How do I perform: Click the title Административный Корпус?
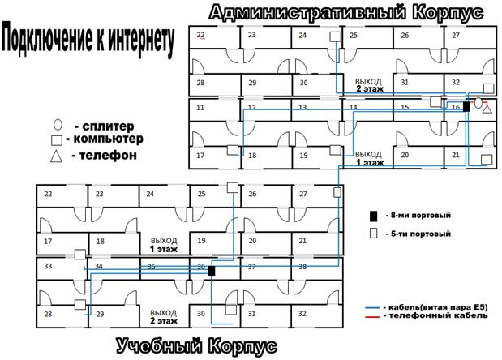334,14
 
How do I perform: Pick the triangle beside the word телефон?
58,156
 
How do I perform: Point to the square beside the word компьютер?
58,139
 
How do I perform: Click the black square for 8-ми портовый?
374,216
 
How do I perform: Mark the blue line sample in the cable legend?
374,309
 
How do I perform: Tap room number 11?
200,106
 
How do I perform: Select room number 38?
302,266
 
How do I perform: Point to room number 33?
48,265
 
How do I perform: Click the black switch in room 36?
211,270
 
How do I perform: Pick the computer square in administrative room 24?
334,37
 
